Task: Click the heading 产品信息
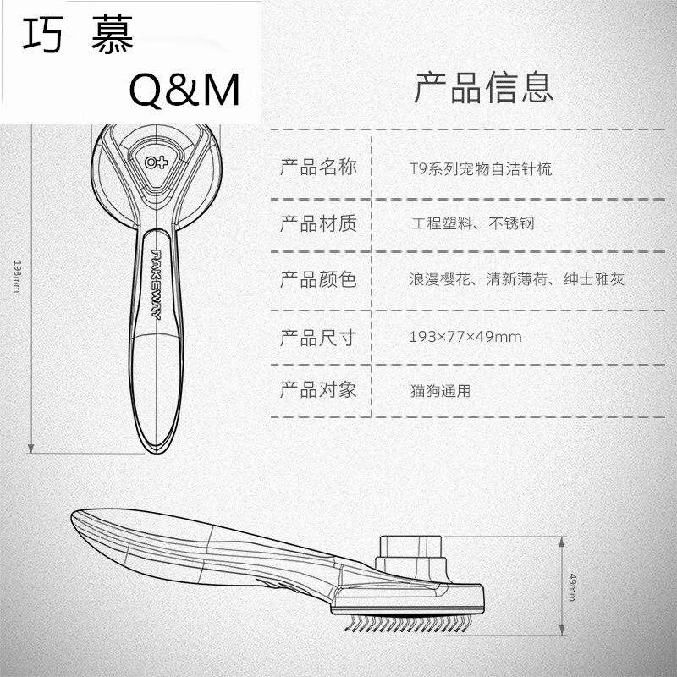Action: coord(483,87)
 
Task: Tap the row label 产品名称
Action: coord(318,167)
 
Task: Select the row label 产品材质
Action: coord(318,223)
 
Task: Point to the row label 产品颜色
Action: coord(318,279)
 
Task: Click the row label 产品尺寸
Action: coord(318,338)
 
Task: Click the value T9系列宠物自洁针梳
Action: coord(479,168)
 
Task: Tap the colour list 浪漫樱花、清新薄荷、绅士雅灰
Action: coord(516,279)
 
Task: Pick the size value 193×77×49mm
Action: coord(465,337)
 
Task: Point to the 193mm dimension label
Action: coord(16,276)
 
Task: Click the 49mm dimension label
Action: coord(572,586)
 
